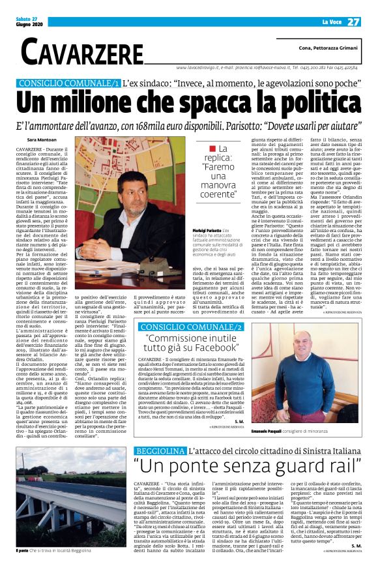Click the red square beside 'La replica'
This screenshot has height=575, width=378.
point(203,149)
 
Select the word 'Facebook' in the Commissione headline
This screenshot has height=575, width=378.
point(230,349)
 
